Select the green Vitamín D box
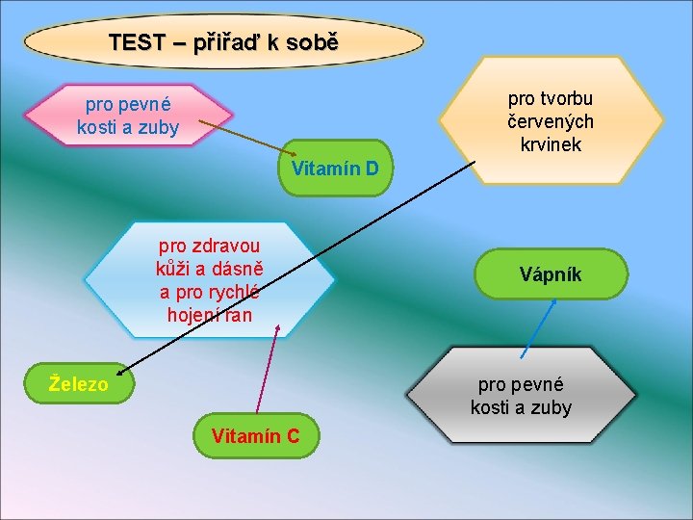click(x=335, y=169)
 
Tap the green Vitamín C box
click(x=255, y=436)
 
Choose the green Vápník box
click(x=551, y=274)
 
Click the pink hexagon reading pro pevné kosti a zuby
click(x=128, y=115)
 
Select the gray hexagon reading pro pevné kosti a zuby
click(x=521, y=396)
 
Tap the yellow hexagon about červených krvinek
click(x=551, y=120)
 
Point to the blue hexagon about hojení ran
click(x=210, y=280)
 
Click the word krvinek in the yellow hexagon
click(x=551, y=143)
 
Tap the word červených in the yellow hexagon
click(x=551, y=121)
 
